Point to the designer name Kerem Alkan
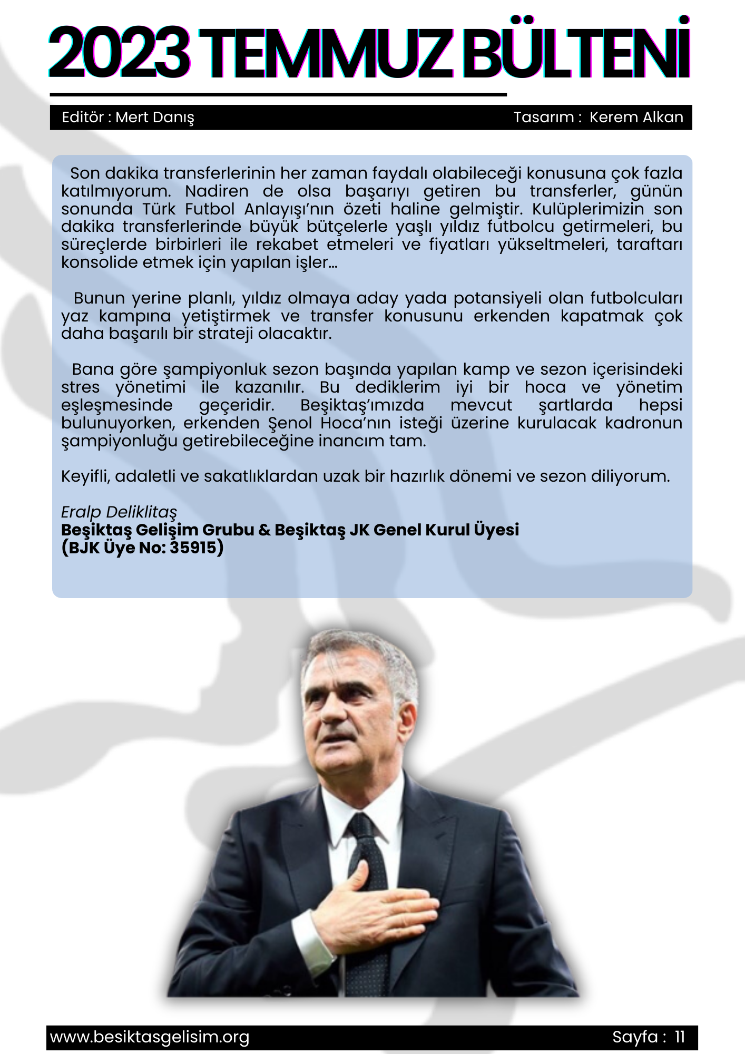[636, 117]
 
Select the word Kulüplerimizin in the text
[587, 209]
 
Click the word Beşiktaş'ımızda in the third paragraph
[362, 405]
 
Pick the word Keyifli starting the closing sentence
[84, 476]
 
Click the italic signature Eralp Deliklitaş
[119, 512]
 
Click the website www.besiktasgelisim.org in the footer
[150, 1037]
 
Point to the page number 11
[680, 1037]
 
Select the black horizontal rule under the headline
[278, 95]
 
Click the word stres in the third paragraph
[80, 387]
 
